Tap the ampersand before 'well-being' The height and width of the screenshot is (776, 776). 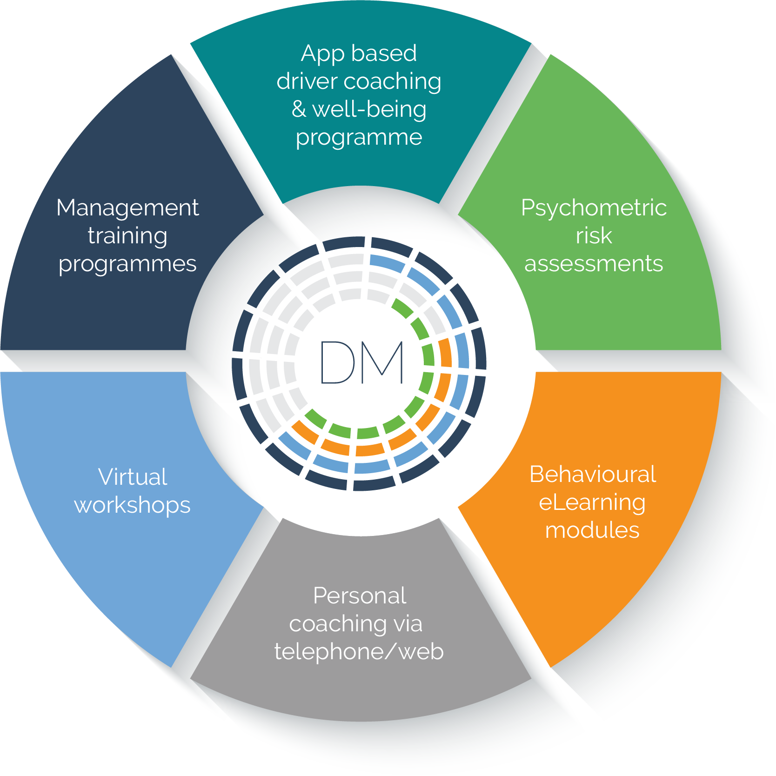299,109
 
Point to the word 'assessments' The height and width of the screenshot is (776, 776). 594,264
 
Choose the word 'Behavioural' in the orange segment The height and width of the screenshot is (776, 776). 593,475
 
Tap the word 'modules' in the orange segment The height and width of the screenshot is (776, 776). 592,530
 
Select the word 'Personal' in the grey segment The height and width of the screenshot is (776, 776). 360,595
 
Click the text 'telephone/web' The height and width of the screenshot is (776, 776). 359,651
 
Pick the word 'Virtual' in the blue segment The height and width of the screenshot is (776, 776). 133,477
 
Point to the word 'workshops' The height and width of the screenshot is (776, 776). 132,506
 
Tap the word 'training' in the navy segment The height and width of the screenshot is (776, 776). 127,236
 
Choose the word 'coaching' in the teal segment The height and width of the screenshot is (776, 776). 393,82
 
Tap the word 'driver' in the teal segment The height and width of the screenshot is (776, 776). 307,81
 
